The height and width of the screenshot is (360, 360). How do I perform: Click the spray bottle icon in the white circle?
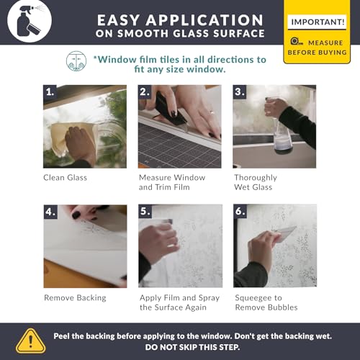(30, 21)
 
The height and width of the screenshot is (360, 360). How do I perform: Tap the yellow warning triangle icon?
(30, 341)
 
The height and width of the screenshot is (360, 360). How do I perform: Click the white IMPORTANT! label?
(317, 22)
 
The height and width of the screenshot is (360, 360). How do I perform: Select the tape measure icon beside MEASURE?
(297, 42)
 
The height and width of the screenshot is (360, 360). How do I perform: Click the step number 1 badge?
(50, 91)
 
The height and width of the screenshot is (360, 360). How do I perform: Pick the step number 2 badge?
(145, 91)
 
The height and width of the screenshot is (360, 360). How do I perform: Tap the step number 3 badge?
(240, 91)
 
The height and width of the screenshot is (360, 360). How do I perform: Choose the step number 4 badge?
(50, 212)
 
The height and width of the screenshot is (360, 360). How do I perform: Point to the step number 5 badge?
(145, 211)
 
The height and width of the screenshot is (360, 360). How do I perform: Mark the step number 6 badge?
(240, 211)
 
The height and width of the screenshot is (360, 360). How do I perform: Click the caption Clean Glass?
(65, 178)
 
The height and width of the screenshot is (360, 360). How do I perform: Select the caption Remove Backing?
(75, 298)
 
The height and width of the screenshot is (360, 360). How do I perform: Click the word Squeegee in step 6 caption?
(251, 298)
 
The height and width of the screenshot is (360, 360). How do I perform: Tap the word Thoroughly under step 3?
(256, 178)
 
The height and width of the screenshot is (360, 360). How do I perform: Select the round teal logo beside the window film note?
(76, 61)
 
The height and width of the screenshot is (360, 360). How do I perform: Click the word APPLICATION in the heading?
(204, 20)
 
